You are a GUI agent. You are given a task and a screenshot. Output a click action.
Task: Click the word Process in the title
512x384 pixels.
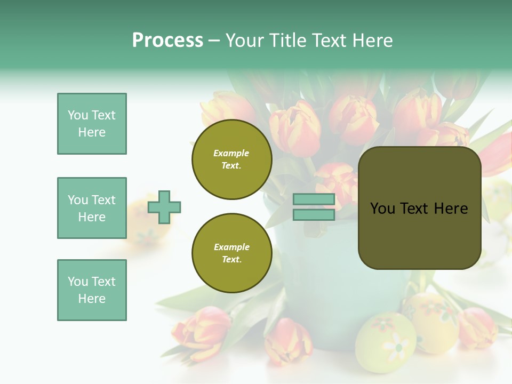[x=167, y=41]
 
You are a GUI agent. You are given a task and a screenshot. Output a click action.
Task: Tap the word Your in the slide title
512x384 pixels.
[x=245, y=41]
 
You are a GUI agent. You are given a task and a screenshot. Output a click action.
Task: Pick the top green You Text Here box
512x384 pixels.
[x=92, y=124]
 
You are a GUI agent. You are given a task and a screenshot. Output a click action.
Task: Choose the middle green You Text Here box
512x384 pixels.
[x=92, y=208]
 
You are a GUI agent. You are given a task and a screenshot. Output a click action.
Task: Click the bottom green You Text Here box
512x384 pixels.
[x=92, y=290]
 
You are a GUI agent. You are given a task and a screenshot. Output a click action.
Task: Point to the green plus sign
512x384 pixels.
[x=164, y=207]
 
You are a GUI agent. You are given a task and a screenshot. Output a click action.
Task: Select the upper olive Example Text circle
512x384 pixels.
[x=231, y=159]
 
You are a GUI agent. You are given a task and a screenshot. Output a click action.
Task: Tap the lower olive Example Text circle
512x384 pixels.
[x=231, y=253]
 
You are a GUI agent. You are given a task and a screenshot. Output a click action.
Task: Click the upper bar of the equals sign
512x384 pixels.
[x=314, y=199]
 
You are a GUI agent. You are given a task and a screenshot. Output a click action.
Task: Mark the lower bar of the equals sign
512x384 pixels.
[x=314, y=215]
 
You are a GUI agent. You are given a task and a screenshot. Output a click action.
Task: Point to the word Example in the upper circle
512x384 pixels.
[x=231, y=153]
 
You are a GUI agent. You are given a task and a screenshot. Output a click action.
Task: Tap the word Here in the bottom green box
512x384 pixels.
[x=92, y=299]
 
